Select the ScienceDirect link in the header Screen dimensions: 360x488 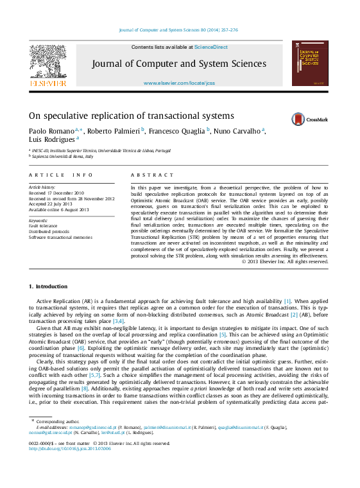210,47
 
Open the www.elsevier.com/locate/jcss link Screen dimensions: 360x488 179,83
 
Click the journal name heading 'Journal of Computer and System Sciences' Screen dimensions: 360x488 179,64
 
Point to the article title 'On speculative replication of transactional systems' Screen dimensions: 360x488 131,116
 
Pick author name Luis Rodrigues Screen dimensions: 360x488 51,139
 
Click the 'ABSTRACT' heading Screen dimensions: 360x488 152,175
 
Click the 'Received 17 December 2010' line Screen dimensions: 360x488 56,193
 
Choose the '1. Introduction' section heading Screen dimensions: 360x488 48,286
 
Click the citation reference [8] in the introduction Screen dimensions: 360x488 84,388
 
